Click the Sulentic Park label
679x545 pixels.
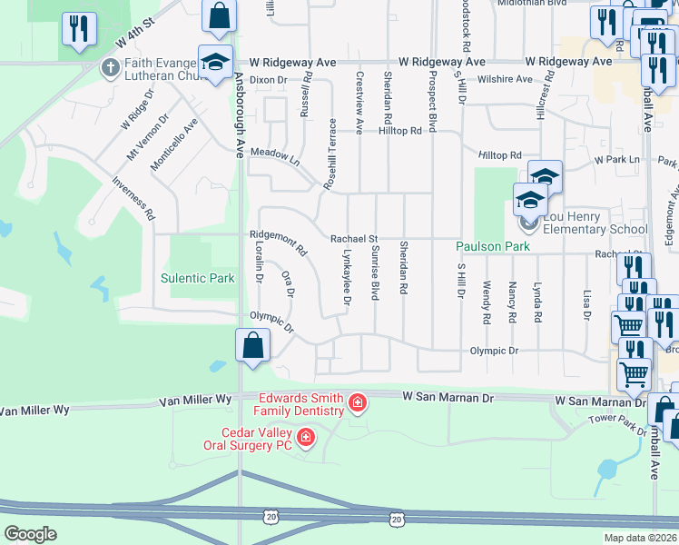[x=197, y=278]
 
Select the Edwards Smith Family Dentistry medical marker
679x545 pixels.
[x=359, y=401]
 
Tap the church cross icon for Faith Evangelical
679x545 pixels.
[x=110, y=67]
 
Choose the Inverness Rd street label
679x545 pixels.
[x=133, y=198]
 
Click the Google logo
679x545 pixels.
[x=30, y=533]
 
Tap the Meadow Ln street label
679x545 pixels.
[x=275, y=154]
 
